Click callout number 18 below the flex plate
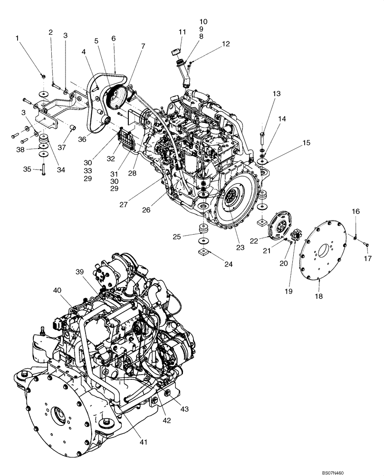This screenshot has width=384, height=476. (318, 296)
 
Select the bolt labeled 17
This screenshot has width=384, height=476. (366, 244)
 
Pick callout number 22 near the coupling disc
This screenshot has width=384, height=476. (254, 241)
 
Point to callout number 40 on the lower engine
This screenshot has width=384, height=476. (57, 290)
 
